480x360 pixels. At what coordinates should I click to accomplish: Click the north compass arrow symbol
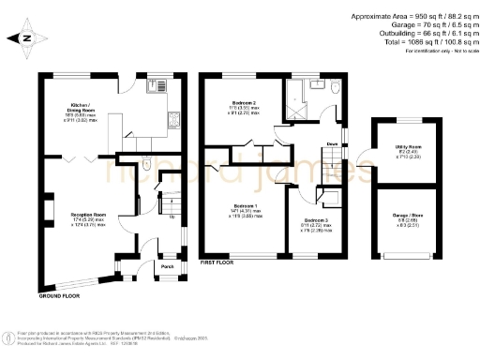(26, 38)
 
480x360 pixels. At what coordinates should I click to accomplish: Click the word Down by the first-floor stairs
(332, 143)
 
